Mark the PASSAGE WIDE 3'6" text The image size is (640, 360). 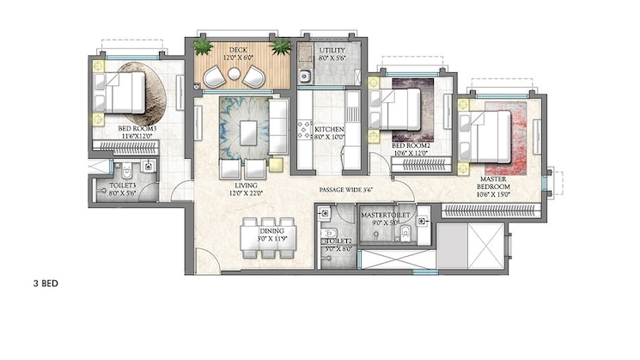point(346,189)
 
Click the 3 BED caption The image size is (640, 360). point(42,282)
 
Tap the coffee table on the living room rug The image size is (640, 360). point(249,132)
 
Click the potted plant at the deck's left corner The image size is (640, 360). point(204,46)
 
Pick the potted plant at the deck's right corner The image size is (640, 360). point(280,46)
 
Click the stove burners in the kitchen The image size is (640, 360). point(303,129)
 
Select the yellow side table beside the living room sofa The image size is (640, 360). point(275,164)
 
